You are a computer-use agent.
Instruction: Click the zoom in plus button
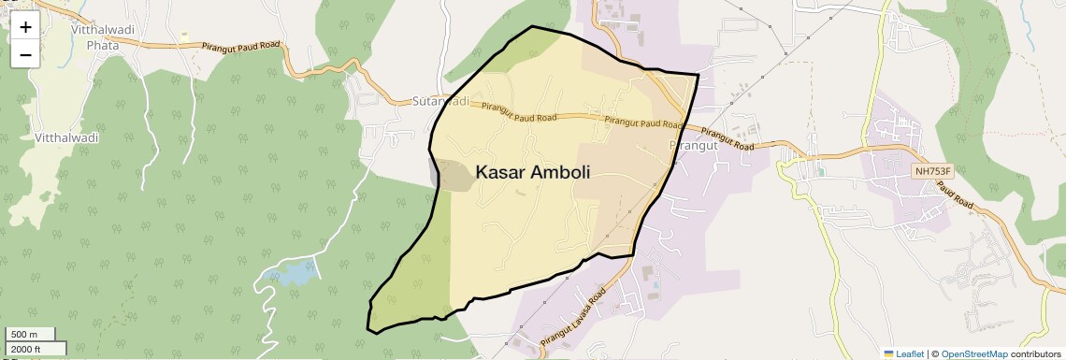coord(25,27)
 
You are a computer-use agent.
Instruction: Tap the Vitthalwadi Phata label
coord(103,36)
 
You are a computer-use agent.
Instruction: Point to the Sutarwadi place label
coord(439,100)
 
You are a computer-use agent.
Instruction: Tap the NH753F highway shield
coord(932,171)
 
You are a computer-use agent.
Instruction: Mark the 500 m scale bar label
coord(23,334)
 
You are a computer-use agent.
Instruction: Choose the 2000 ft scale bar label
coord(26,349)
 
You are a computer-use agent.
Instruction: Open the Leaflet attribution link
coord(910,353)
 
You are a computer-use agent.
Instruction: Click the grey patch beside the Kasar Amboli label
coord(450,176)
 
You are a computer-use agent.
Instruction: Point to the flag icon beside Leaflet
coord(888,353)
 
